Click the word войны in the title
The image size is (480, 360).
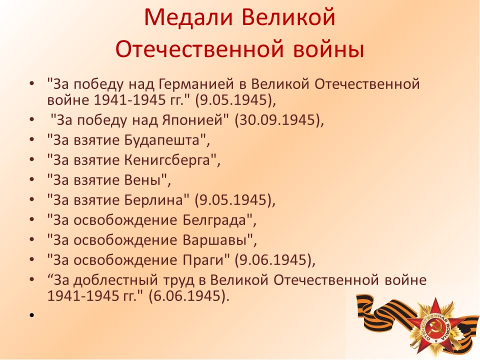[x=328, y=49]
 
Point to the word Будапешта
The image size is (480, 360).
[x=162, y=140]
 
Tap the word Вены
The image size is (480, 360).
[x=142, y=180]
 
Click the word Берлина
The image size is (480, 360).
[x=153, y=200]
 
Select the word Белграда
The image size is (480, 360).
[x=215, y=220]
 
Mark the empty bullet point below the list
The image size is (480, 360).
[x=31, y=314]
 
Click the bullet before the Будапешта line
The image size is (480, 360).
[x=31, y=140]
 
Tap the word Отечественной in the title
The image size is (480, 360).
[x=200, y=49]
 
